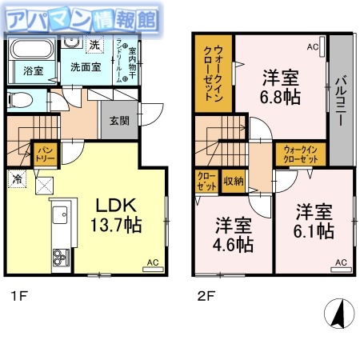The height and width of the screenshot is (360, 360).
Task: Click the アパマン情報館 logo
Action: point(80,18)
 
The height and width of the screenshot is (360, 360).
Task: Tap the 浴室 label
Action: point(32,71)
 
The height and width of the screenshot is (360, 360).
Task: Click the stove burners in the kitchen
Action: point(61,258)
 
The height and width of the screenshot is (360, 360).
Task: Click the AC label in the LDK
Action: point(152,262)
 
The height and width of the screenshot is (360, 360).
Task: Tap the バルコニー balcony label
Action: point(339,104)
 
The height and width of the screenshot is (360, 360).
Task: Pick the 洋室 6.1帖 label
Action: point(314,222)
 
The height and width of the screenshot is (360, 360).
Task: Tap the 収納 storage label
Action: point(234,181)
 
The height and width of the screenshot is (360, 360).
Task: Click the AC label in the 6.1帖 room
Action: point(341,262)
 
